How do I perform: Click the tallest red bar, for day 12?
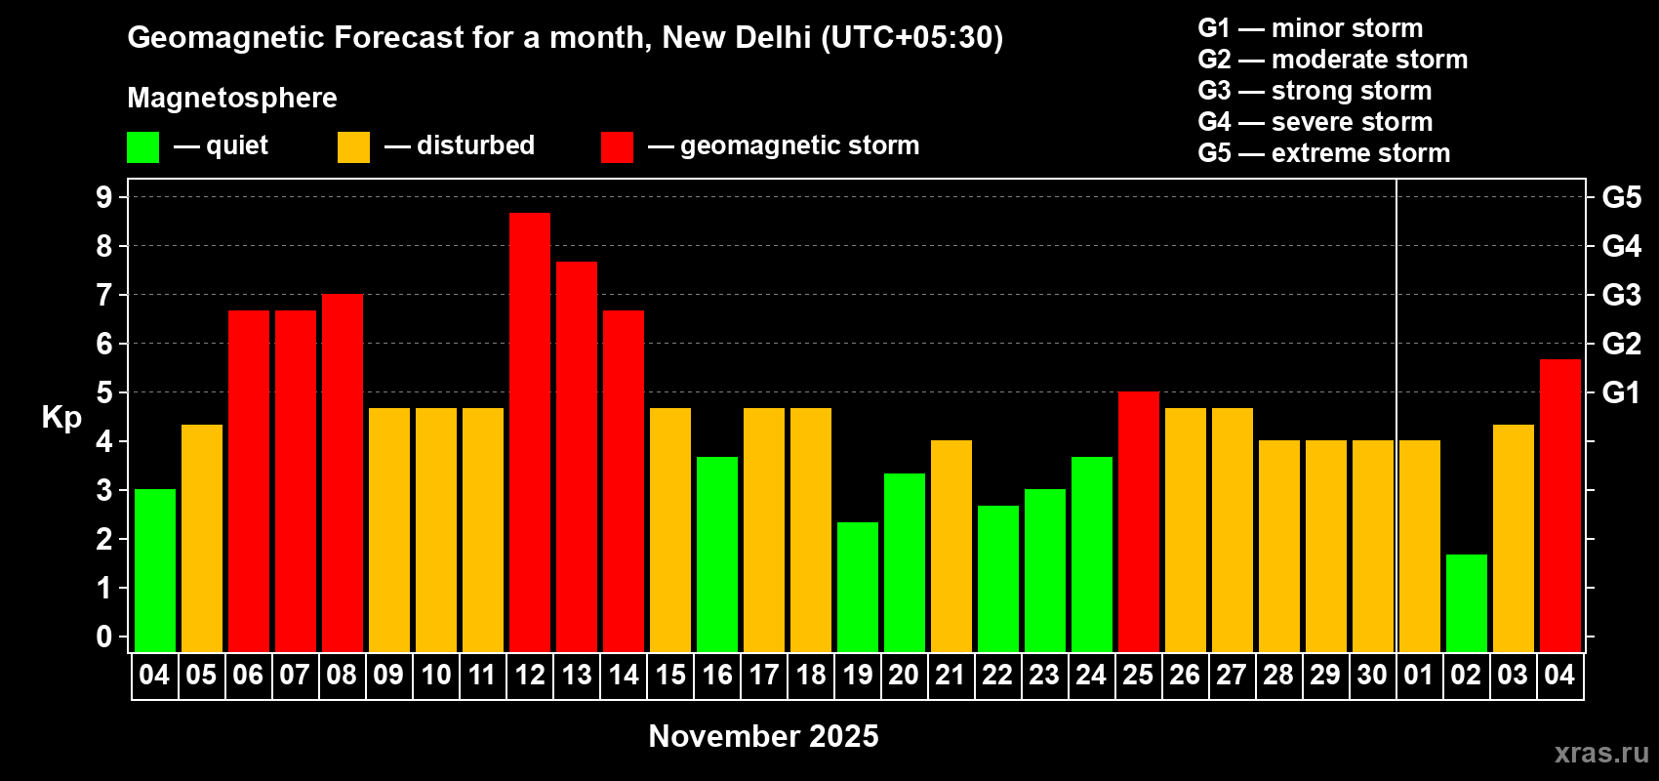click(530, 432)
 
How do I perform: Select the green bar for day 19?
click(858, 587)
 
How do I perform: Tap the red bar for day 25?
click(1139, 521)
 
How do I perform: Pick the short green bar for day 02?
click(1467, 602)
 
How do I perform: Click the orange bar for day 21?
click(951, 546)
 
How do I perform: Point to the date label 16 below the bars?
click(717, 675)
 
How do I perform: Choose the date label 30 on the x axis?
click(1372, 675)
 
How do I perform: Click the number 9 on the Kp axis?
click(104, 197)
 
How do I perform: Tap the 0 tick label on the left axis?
click(104, 637)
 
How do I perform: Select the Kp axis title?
click(61, 417)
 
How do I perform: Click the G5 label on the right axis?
click(1621, 197)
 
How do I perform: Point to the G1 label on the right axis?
click(1621, 392)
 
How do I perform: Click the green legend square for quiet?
click(143, 147)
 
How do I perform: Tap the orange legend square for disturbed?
click(353, 147)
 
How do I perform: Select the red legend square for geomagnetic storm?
click(617, 147)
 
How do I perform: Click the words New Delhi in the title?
click(736, 37)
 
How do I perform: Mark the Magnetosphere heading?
click(232, 98)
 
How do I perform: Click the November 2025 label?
click(763, 736)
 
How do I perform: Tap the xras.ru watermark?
click(1601, 753)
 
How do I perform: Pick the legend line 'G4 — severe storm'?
click(1315, 122)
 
